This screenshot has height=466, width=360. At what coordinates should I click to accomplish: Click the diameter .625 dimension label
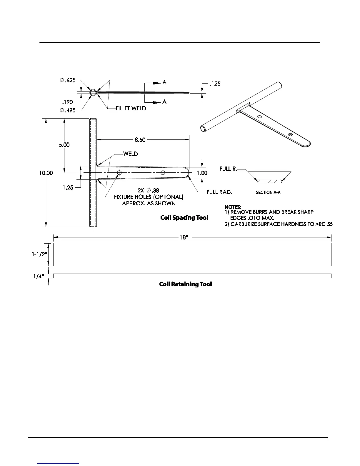point(68,80)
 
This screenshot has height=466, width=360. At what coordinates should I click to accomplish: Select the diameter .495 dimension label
point(68,110)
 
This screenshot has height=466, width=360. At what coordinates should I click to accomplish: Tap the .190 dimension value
point(67,102)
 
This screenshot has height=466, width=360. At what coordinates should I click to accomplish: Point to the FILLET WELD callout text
point(131,109)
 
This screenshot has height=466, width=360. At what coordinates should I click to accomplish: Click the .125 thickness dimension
point(215,84)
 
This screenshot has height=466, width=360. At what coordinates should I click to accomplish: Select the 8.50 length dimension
point(140,140)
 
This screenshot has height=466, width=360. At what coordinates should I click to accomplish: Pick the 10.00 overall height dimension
point(46,173)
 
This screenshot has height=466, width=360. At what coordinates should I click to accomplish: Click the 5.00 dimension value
point(64,145)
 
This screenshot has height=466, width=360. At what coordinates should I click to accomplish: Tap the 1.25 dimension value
point(68,188)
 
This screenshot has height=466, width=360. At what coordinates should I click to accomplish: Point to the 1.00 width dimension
point(202,173)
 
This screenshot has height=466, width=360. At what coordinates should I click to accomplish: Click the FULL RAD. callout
point(219,192)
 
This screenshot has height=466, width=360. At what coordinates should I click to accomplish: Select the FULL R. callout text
point(228,169)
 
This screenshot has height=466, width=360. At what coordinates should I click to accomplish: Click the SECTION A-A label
point(268,192)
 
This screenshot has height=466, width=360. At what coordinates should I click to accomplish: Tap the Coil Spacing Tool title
point(184,218)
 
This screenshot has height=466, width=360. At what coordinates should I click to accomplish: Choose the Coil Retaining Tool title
point(185,284)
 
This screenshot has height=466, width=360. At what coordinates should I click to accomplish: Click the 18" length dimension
point(184,237)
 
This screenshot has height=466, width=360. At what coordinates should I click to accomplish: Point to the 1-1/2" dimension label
point(40,254)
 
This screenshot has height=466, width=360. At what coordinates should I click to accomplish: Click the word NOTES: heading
point(233,207)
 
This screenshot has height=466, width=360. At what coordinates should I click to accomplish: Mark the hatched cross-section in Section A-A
point(269,181)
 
